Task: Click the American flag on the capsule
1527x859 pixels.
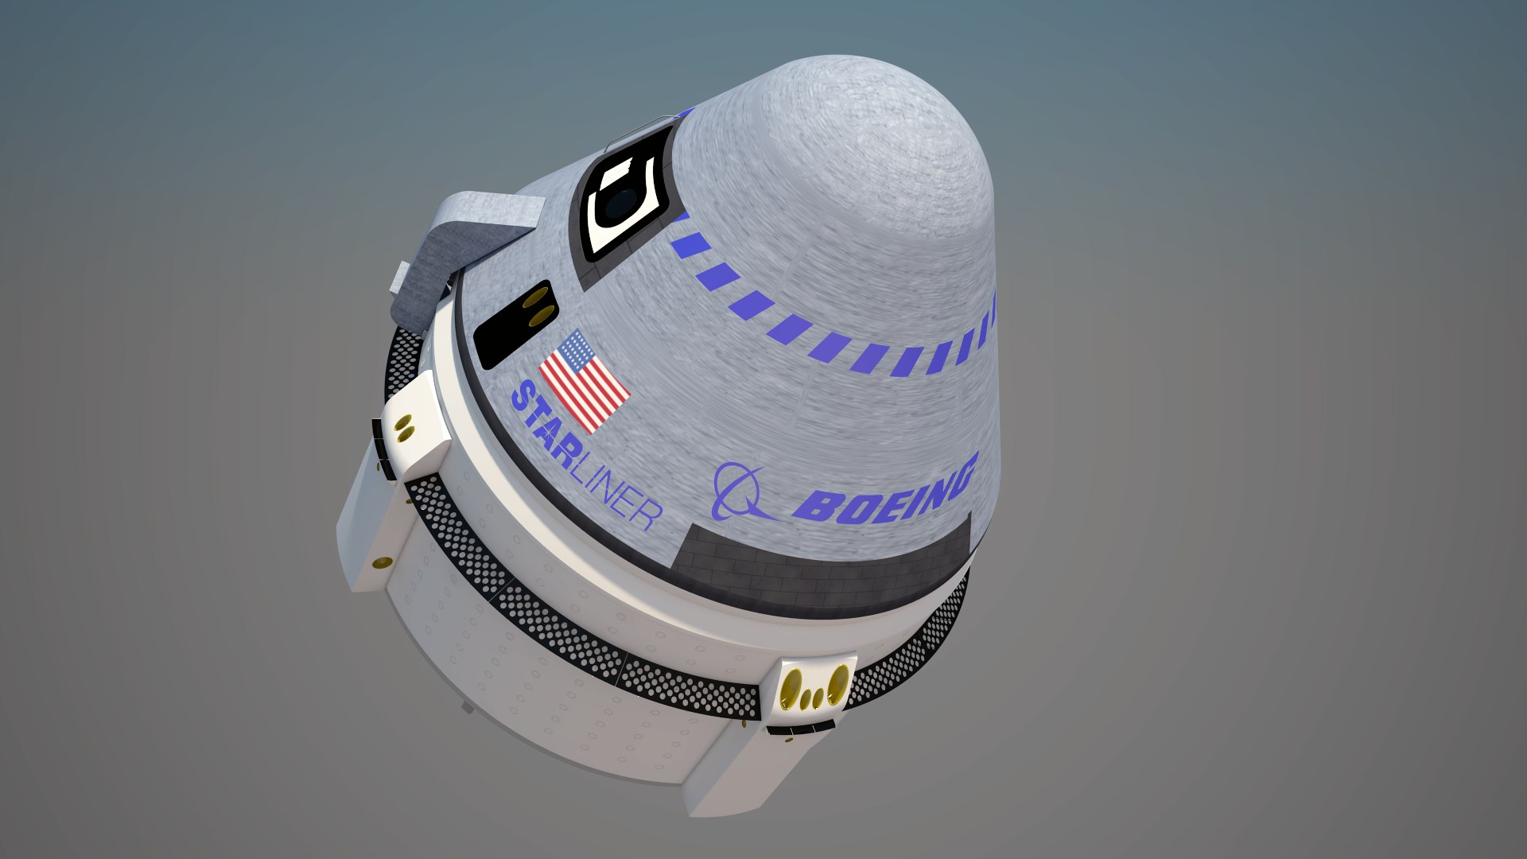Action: (x=585, y=381)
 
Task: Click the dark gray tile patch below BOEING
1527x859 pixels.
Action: (x=819, y=565)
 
